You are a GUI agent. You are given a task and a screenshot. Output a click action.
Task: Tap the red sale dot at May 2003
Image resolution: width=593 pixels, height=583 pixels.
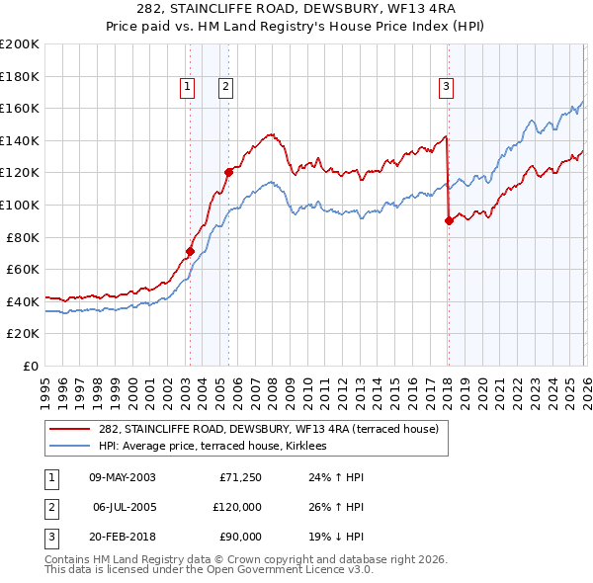coord(190,251)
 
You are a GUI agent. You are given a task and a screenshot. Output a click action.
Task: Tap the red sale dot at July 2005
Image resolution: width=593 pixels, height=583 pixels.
coord(228,172)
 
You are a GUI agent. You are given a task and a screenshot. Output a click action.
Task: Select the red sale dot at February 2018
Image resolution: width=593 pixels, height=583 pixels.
coord(449,220)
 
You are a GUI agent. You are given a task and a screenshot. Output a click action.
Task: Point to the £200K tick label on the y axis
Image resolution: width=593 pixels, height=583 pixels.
coord(20,44)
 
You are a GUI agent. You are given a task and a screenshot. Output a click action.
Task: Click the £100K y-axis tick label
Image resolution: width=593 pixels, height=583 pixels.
coord(20,205)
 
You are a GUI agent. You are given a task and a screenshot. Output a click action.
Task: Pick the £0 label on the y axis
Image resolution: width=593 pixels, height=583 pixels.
coord(30,366)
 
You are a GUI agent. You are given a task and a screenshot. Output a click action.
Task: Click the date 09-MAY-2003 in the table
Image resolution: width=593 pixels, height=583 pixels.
coord(122,476)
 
